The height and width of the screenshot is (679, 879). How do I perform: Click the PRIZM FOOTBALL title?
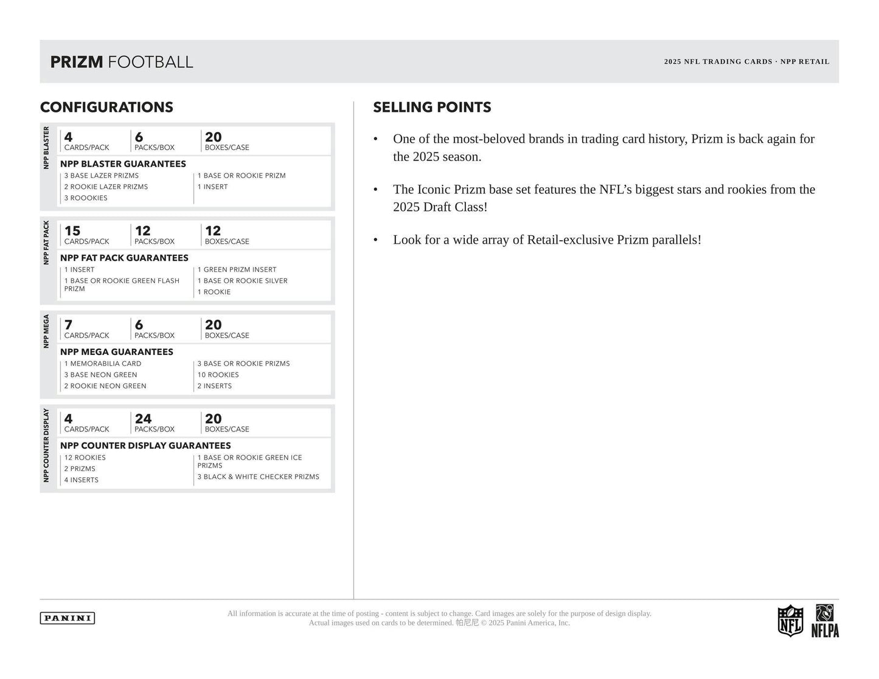[122, 62]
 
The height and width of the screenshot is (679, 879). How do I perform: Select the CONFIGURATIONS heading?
[106, 108]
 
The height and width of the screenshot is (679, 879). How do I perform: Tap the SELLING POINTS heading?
[432, 108]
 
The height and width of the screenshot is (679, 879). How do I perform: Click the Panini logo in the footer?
[68, 618]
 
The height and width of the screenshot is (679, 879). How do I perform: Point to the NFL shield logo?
[790, 621]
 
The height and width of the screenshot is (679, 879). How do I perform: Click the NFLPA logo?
[825, 621]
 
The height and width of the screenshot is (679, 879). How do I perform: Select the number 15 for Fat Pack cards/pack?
[72, 231]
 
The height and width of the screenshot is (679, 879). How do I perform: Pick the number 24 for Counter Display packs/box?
[143, 419]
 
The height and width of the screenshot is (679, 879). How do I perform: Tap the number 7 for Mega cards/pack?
[68, 325]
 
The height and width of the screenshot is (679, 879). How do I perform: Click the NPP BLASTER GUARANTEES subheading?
[123, 164]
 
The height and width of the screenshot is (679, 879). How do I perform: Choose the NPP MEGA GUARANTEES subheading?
[117, 352]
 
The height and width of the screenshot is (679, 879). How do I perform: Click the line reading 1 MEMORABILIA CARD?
[103, 364]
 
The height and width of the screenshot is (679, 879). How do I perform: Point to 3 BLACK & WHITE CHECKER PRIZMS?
[258, 477]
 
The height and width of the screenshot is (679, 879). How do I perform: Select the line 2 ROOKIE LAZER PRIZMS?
[106, 187]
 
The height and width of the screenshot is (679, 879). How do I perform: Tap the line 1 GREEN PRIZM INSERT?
[237, 269]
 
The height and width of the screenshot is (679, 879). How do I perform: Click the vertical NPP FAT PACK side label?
[46, 242]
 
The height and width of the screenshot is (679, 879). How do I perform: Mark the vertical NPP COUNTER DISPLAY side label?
[46, 446]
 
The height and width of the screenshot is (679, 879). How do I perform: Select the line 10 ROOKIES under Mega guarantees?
[218, 374]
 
